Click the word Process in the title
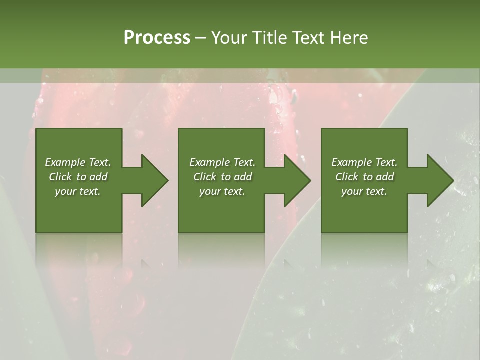[x=157, y=38]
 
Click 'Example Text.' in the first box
[x=78, y=162]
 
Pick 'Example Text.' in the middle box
[x=222, y=162]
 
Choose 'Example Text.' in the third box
[x=364, y=162]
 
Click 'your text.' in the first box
[x=78, y=191]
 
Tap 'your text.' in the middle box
[x=222, y=191]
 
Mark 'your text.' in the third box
[x=364, y=191]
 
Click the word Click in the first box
[x=60, y=177]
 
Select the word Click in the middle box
[x=205, y=177]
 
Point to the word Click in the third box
[x=347, y=177]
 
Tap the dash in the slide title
[x=201, y=38]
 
